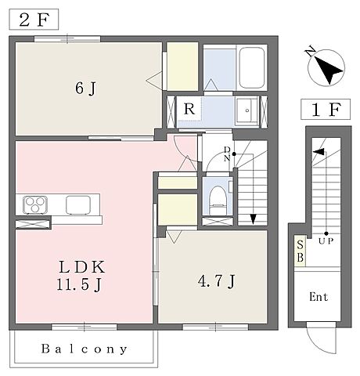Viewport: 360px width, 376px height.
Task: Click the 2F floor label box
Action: (x=34, y=20)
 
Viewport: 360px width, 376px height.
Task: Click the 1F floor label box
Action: (x=326, y=110)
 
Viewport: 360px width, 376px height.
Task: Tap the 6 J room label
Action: (x=86, y=89)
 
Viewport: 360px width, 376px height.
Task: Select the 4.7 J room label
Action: (x=217, y=281)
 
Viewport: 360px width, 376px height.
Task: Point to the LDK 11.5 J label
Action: (x=81, y=276)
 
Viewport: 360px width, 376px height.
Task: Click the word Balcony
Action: (x=84, y=349)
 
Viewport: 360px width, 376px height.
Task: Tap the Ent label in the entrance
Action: (x=319, y=297)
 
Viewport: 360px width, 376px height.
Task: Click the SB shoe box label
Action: (x=300, y=251)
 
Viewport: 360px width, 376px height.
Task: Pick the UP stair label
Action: (x=326, y=241)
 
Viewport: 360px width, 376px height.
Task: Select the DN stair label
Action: (x=227, y=154)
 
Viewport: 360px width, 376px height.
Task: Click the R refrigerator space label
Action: (x=189, y=109)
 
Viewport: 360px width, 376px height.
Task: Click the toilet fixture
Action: (x=218, y=200)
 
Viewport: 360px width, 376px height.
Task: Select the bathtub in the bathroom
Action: (x=252, y=68)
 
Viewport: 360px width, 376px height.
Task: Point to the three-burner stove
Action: (x=35, y=205)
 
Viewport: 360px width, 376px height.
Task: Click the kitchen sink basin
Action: (x=78, y=205)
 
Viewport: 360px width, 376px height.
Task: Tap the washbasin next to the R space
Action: (x=247, y=110)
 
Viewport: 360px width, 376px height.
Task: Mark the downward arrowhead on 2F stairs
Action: (x=253, y=219)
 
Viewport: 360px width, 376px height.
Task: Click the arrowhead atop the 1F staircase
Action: (x=319, y=152)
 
